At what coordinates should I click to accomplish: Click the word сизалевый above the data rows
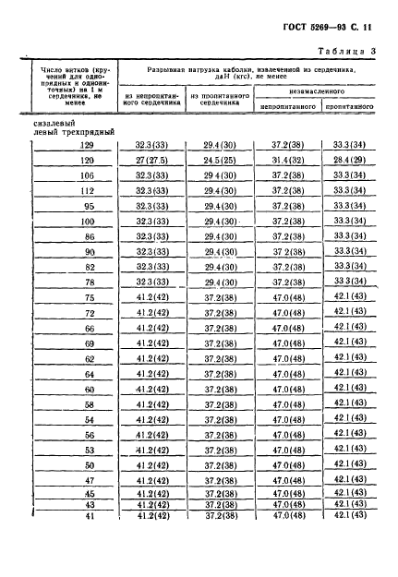(x=54, y=121)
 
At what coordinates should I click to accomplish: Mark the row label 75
(x=89, y=297)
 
